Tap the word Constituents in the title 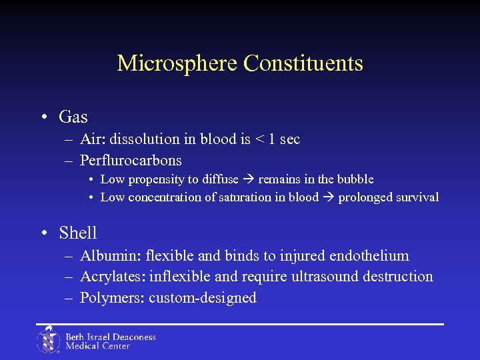click(303, 63)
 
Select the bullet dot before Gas click(43, 117)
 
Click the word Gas click(73, 117)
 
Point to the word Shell click(78, 233)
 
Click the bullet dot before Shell click(43, 233)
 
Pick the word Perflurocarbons click(131, 161)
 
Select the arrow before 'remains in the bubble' click(250, 179)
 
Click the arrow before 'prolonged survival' click(329, 197)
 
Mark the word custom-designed click(203, 297)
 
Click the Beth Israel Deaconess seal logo click(48, 340)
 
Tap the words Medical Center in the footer click(97, 346)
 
